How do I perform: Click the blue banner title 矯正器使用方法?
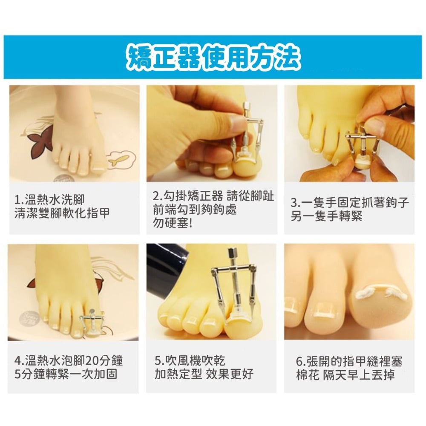point(213,58)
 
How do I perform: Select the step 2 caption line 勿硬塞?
point(173,223)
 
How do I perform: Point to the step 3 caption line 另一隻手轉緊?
point(326,216)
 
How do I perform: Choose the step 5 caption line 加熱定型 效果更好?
point(204,374)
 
